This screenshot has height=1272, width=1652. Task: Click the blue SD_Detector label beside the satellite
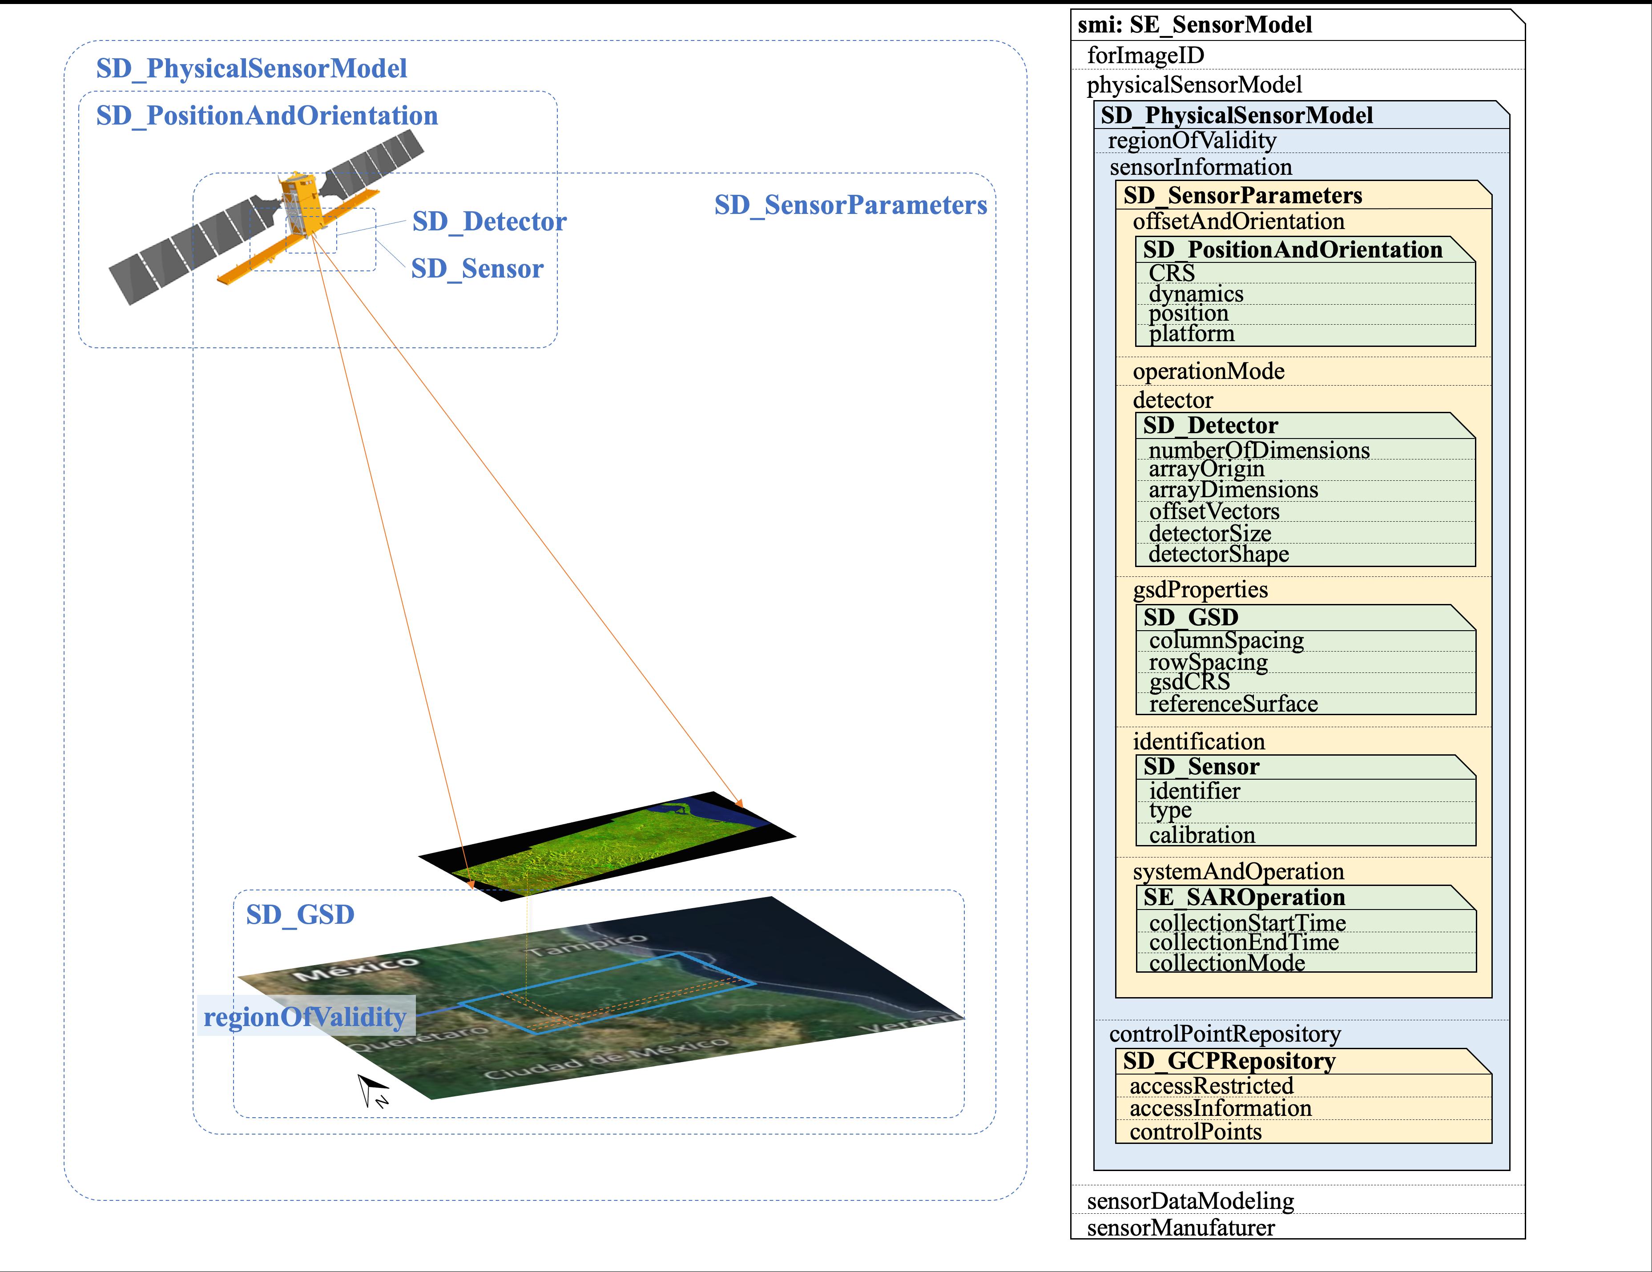[489, 221]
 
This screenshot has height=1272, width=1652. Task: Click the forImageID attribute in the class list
[1145, 55]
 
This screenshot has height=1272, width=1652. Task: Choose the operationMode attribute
[1208, 371]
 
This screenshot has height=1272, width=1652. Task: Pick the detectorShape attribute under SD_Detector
[1219, 554]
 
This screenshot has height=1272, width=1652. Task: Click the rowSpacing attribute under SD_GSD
[1208, 663]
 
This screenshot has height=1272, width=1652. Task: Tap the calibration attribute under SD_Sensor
[1202, 835]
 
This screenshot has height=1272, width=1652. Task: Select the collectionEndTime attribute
[1244, 942]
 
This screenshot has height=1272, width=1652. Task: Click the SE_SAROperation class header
[1244, 898]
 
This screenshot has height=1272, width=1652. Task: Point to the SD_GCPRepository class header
[1229, 1061]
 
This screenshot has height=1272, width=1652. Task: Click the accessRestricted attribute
[1211, 1086]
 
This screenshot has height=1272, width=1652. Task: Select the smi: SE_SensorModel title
[1194, 25]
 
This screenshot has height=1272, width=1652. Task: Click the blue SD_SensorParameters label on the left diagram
[850, 205]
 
